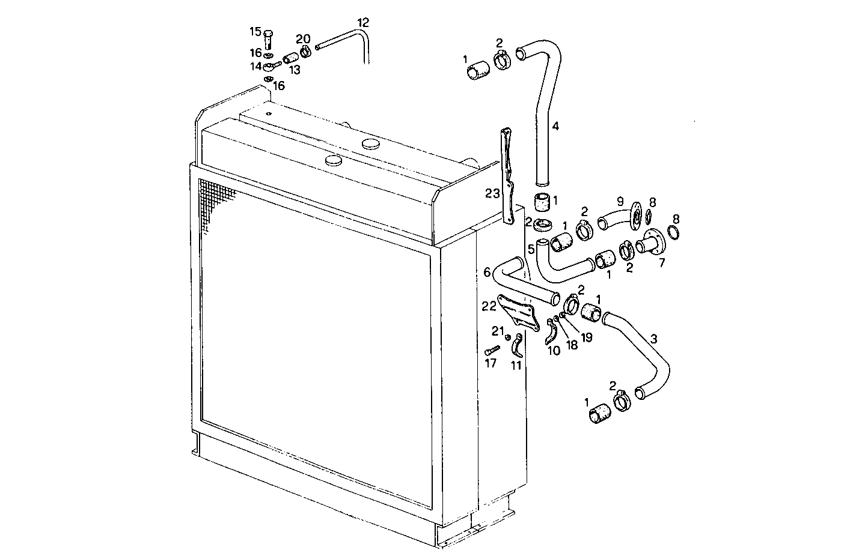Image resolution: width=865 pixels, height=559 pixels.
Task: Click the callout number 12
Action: (x=362, y=22)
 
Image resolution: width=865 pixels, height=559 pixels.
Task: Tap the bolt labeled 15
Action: (x=268, y=40)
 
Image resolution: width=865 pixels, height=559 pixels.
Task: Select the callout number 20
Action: (x=302, y=39)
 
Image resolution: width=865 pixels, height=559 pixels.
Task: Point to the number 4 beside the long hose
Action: (x=555, y=126)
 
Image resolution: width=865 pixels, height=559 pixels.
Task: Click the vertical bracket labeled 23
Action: (x=509, y=180)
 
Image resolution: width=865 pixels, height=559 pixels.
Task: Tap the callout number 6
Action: (x=487, y=273)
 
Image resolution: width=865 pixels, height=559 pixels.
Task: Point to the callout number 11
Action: (x=516, y=365)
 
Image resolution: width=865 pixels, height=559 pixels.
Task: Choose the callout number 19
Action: (x=586, y=337)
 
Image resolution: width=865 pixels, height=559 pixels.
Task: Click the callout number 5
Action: (x=531, y=248)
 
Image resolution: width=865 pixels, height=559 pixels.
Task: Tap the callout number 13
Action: (x=295, y=70)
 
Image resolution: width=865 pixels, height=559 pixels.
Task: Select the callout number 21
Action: (x=497, y=330)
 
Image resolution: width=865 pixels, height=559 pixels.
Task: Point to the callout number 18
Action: (x=572, y=346)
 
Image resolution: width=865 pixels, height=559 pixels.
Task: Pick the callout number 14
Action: (x=256, y=66)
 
